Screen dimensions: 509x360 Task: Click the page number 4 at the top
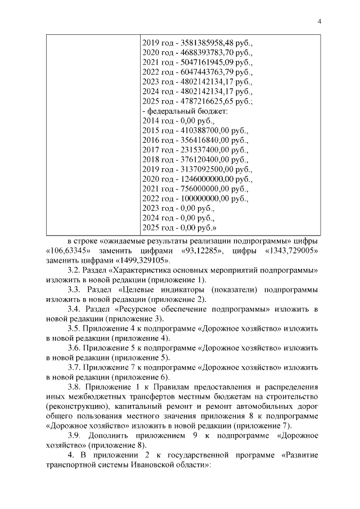(319, 21)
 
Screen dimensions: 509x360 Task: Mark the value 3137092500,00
(203, 168)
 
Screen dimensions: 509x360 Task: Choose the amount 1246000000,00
(203, 179)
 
